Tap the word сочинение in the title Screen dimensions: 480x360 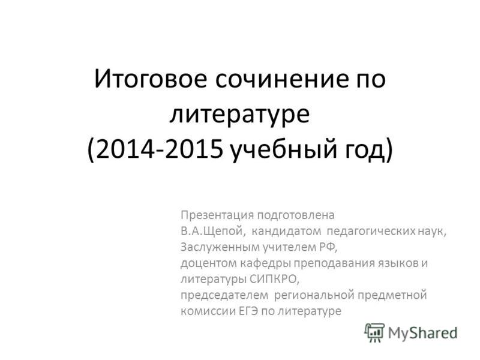(282, 79)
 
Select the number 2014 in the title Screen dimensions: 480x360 (125, 150)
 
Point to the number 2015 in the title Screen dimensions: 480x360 (193, 150)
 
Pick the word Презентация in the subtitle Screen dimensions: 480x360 (217, 215)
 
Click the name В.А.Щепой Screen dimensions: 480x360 (213, 232)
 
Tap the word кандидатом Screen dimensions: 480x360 (287, 231)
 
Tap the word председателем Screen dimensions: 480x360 (224, 295)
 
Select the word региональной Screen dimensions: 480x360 (314, 295)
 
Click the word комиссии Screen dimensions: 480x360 (208, 311)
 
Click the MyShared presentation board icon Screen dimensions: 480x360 (374, 333)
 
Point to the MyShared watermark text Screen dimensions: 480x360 (423, 333)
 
